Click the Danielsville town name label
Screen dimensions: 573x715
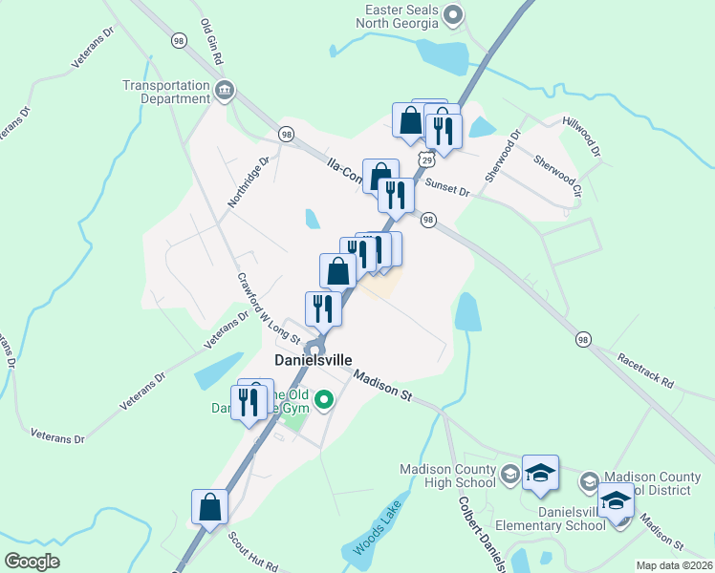[x=314, y=361]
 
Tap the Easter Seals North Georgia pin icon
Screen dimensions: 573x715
[x=455, y=14]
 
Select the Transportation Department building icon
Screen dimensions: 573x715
[x=225, y=92]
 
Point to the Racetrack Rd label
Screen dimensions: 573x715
[x=645, y=373]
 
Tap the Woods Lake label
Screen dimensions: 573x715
[x=374, y=535]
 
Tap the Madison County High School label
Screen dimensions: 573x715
[x=449, y=475]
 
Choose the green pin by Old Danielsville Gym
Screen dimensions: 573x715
[x=324, y=401]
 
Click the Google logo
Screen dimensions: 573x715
[x=32, y=562]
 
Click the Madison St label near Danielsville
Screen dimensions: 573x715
[x=381, y=386]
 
